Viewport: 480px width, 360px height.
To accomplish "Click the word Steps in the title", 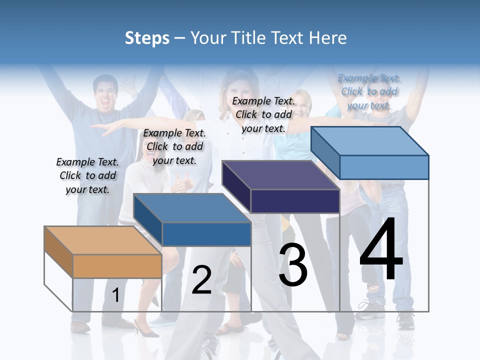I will pyautogui.click(x=147, y=38).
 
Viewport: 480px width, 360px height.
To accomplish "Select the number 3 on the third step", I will pyautogui.click(x=293, y=265).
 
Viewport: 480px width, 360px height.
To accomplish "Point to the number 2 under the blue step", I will pyautogui.click(x=201, y=280).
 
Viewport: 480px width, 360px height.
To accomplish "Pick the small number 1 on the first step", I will pyautogui.click(x=115, y=295).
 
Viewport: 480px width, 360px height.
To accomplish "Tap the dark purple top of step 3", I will pyautogui.click(x=280, y=175).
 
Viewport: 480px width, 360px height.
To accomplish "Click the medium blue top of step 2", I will pyautogui.click(x=192, y=208).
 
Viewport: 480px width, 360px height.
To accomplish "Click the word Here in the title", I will pyautogui.click(x=328, y=38).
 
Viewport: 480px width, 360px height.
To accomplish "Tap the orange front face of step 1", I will pyautogui.click(x=117, y=266).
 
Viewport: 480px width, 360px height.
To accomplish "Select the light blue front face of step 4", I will pyautogui.click(x=384, y=167).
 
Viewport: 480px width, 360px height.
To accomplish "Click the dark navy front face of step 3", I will pyautogui.click(x=295, y=201).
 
